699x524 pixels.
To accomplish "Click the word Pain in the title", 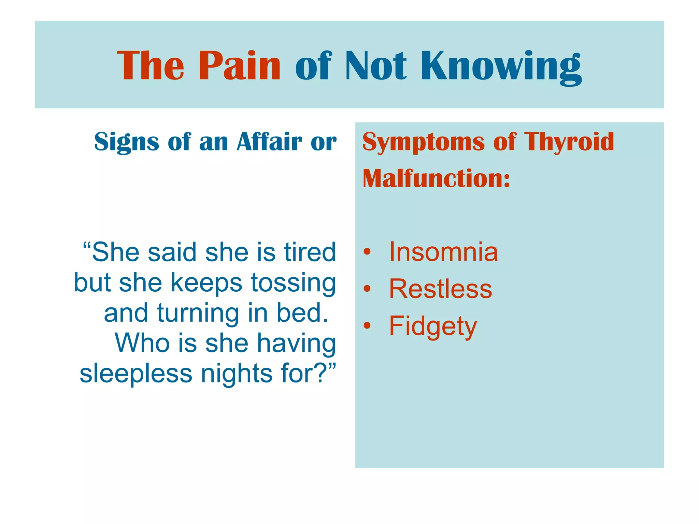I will (x=239, y=65).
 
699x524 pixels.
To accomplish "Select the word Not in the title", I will (x=376, y=65).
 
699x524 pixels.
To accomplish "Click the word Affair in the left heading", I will (x=270, y=142).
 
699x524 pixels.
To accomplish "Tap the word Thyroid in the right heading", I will (x=569, y=142).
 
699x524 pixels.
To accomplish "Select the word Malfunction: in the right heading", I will (x=436, y=178).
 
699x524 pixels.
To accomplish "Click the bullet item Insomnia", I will (x=443, y=252).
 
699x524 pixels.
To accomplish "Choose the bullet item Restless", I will (x=440, y=289).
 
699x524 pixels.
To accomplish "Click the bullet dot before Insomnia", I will (x=367, y=252).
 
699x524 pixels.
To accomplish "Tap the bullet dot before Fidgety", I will (x=367, y=326).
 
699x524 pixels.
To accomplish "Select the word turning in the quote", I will (x=198, y=313).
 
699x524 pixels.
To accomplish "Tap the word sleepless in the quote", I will (x=136, y=373).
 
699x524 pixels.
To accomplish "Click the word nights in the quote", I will (x=237, y=374).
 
